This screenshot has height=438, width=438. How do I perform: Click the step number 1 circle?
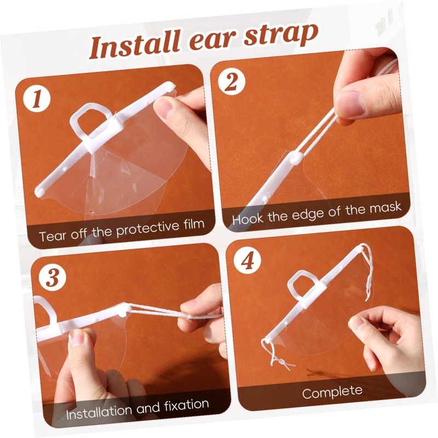[37, 99]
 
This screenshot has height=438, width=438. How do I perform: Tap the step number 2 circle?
[231, 82]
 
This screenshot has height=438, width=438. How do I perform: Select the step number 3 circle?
[53, 278]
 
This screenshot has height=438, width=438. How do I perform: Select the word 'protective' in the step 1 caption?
[148, 229]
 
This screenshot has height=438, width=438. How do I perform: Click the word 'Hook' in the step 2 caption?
[248, 218]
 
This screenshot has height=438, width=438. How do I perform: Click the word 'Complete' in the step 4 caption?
[332, 392]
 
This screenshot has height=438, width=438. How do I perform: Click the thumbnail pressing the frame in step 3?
[77, 337]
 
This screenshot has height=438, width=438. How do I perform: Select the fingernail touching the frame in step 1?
[164, 107]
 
